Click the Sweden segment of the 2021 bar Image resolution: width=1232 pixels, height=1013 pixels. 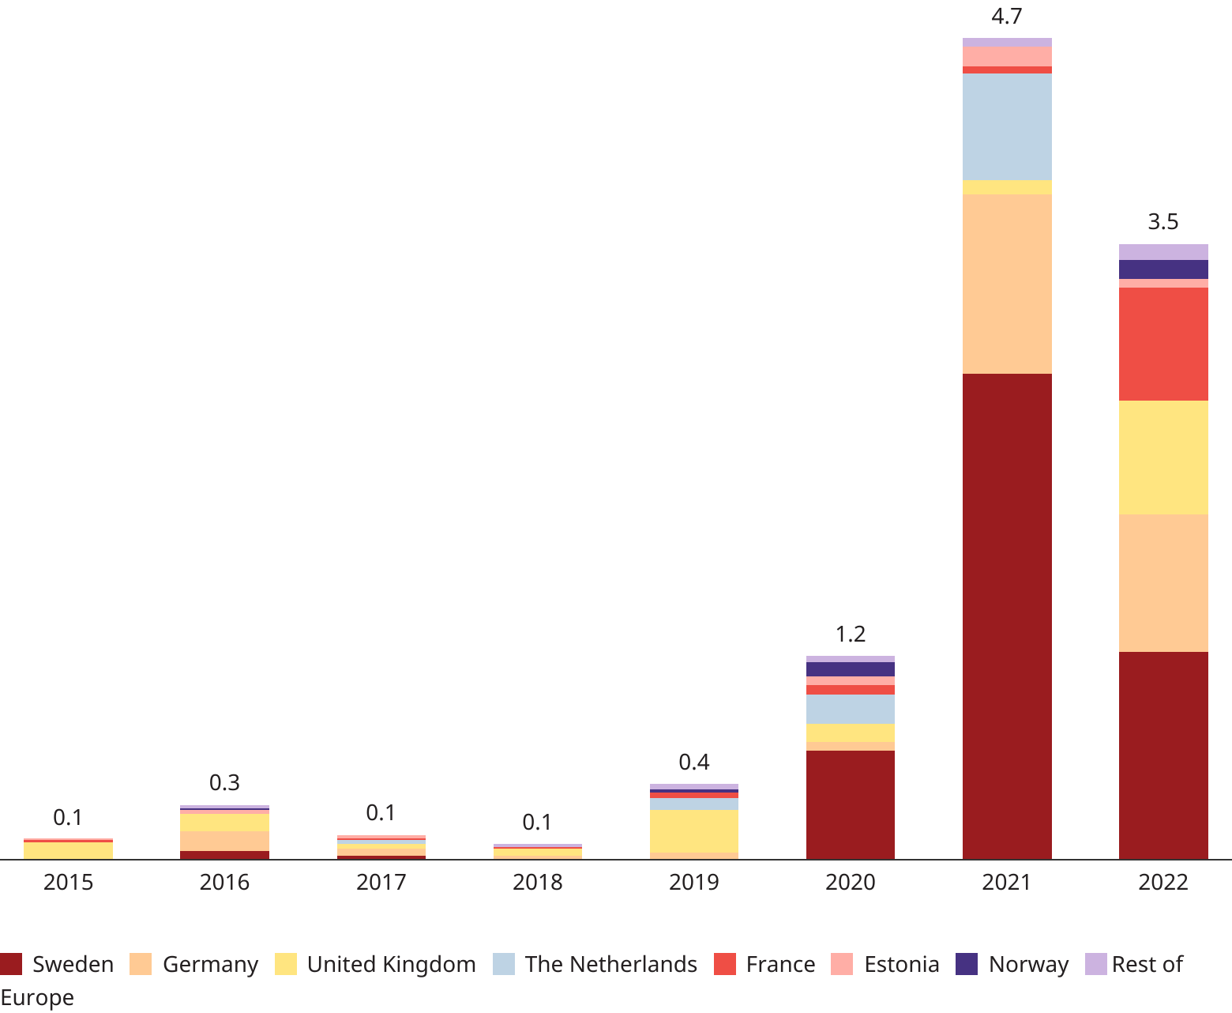[x=1007, y=616]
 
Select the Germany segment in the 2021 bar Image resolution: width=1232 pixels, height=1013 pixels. [x=1007, y=284]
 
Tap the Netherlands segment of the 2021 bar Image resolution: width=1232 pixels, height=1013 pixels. [x=1007, y=126]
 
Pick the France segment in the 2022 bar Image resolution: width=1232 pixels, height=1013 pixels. [x=1163, y=344]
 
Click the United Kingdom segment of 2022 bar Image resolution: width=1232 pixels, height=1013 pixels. [x=1163, y=458]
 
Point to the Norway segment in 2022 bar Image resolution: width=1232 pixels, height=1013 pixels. [x=1163, y=269]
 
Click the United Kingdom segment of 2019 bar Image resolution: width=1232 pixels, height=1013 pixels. [x=694, y=831]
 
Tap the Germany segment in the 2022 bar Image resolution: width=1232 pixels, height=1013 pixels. [x=1163, y=583]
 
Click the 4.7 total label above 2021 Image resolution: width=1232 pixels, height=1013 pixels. [x=1007, y=16]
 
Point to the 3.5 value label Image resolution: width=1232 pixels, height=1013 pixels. [x=1163, y=222]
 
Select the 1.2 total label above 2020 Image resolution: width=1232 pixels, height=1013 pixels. [x=851, y=634]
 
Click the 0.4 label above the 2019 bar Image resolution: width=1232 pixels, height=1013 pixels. [x=694, y=762]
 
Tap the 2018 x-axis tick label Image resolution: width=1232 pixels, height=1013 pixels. [x=538, y=882]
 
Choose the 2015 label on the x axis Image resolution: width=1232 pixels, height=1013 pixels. [x=68, y=882]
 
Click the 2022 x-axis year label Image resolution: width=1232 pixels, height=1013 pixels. [x=1163, y=882]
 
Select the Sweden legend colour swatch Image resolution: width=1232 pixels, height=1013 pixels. [x=11, y=964]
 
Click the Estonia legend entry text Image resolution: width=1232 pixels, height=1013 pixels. [x=902, y=964]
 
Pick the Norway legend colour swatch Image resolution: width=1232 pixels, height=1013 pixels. [x=967, y=964]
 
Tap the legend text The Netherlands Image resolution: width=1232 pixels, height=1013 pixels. [x=611, y=964]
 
